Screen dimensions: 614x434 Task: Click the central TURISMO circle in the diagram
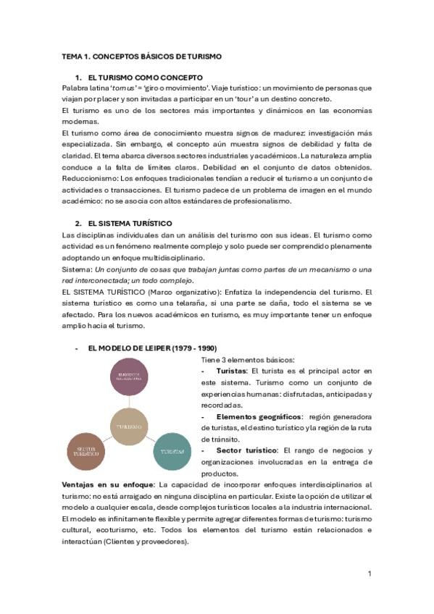(129, 426)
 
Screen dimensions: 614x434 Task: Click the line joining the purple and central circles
(129, 402)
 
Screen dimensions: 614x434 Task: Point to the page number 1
(370, 573)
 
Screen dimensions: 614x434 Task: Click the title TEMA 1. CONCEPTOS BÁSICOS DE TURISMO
(142, 56)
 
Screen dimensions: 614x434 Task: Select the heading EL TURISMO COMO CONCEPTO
(145, 77)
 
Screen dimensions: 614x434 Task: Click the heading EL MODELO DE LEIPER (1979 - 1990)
(151, 348)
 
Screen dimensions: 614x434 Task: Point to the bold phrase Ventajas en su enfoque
(108, 484)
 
